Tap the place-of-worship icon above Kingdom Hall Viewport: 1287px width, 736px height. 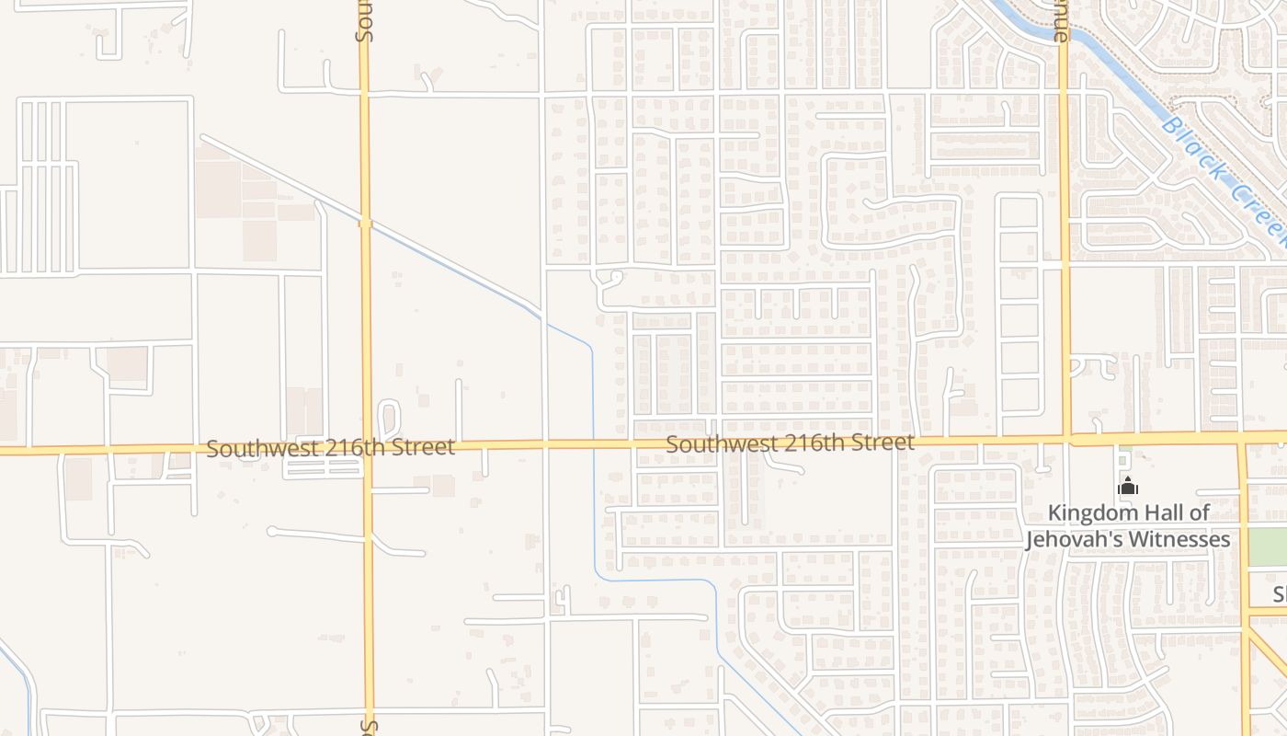click(1128, 487)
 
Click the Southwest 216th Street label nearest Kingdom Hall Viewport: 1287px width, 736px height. click(790, 443)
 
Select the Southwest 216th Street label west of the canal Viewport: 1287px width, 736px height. click(330, 448)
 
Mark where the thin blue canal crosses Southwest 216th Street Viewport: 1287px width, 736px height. click(593, 444)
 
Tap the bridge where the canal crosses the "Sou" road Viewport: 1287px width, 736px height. click(365, 222)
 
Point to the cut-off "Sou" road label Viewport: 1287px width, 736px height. click(363, 22)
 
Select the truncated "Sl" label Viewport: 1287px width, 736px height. click(1279, 595)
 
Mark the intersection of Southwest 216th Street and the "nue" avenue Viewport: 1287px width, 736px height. click(1066, 439)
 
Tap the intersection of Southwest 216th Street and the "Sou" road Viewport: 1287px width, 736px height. click(367, 449)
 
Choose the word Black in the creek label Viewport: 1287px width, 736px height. click(1190, 147)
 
